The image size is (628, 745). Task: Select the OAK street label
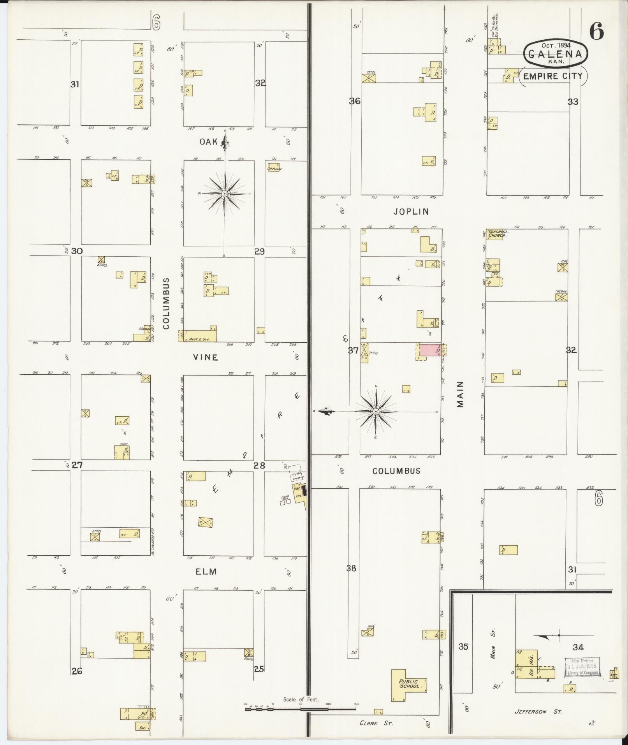coord(209,142)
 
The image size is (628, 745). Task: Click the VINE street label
coord(206,357)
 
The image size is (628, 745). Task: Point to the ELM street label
coord(206,571)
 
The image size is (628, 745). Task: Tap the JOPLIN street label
coord(411,211)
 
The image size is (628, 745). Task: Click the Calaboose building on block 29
coord(274,169)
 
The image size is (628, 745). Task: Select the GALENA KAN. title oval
coord(556,54)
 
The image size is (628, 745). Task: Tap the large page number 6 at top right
coord(596,31)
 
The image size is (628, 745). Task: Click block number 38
coord(351,568)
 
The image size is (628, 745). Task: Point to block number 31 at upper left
coord(75,84)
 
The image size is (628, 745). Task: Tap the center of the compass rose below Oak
coord(225,194)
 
